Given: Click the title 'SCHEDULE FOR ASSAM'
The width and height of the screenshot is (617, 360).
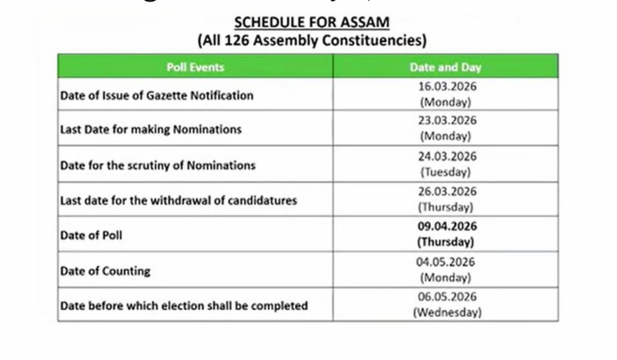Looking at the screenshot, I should [x=312, y=22].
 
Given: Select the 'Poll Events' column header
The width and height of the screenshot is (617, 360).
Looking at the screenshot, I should [x=195, y=67].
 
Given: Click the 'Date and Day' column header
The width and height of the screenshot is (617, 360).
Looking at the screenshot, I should [x=445, y=67].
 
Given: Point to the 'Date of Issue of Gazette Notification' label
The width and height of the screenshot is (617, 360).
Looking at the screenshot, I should [x=157, y=95].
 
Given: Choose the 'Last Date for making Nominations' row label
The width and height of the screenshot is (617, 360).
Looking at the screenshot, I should [x=151, y=129].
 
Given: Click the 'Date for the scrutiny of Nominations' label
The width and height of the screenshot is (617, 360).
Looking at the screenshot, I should [x=158, y=165].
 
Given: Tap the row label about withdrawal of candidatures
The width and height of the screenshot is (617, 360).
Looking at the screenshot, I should [x=178, y=200].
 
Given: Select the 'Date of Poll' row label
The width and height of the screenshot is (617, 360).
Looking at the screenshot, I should [x=91, y=235].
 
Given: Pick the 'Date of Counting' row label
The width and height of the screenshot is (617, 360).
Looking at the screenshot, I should [x=105, y=271].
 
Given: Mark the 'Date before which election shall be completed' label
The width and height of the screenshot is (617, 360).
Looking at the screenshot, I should [x=184, y=306].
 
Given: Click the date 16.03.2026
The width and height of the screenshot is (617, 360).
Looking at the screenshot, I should [x=446, y=86].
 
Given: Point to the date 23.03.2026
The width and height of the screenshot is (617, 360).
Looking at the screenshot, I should [x=446, y=120].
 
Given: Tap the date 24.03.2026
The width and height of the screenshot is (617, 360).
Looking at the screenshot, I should [x=446, y=156].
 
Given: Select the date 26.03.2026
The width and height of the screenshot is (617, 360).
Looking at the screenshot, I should [x=446, y=191].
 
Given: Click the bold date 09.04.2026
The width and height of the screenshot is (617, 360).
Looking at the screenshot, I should [x=446, y=226].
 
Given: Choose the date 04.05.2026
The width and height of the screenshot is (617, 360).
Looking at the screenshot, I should [x=446, y=262].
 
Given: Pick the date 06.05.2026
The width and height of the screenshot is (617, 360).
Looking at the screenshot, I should [x=446, y=297].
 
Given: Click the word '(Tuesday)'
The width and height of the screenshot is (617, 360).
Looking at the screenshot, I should [x=446, y=172].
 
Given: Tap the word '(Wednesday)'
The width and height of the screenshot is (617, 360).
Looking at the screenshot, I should [x=446, y=312].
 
